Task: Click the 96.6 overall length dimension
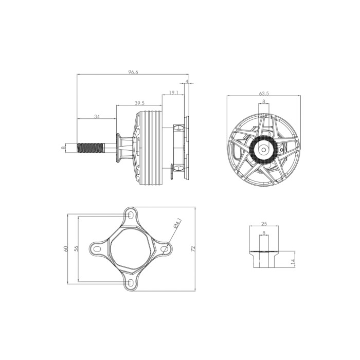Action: (133, 72)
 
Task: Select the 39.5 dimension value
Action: (139, 103)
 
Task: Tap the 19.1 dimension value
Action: (174, 93)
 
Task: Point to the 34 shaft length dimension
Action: (97, 117)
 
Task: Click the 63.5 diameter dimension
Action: (264, 94)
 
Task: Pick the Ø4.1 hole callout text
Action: (178, 223)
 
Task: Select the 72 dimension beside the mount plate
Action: (193, 248)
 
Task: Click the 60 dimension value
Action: (66, 248)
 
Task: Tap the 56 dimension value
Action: (77, 248)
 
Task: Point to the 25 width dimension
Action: (264, 224)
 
